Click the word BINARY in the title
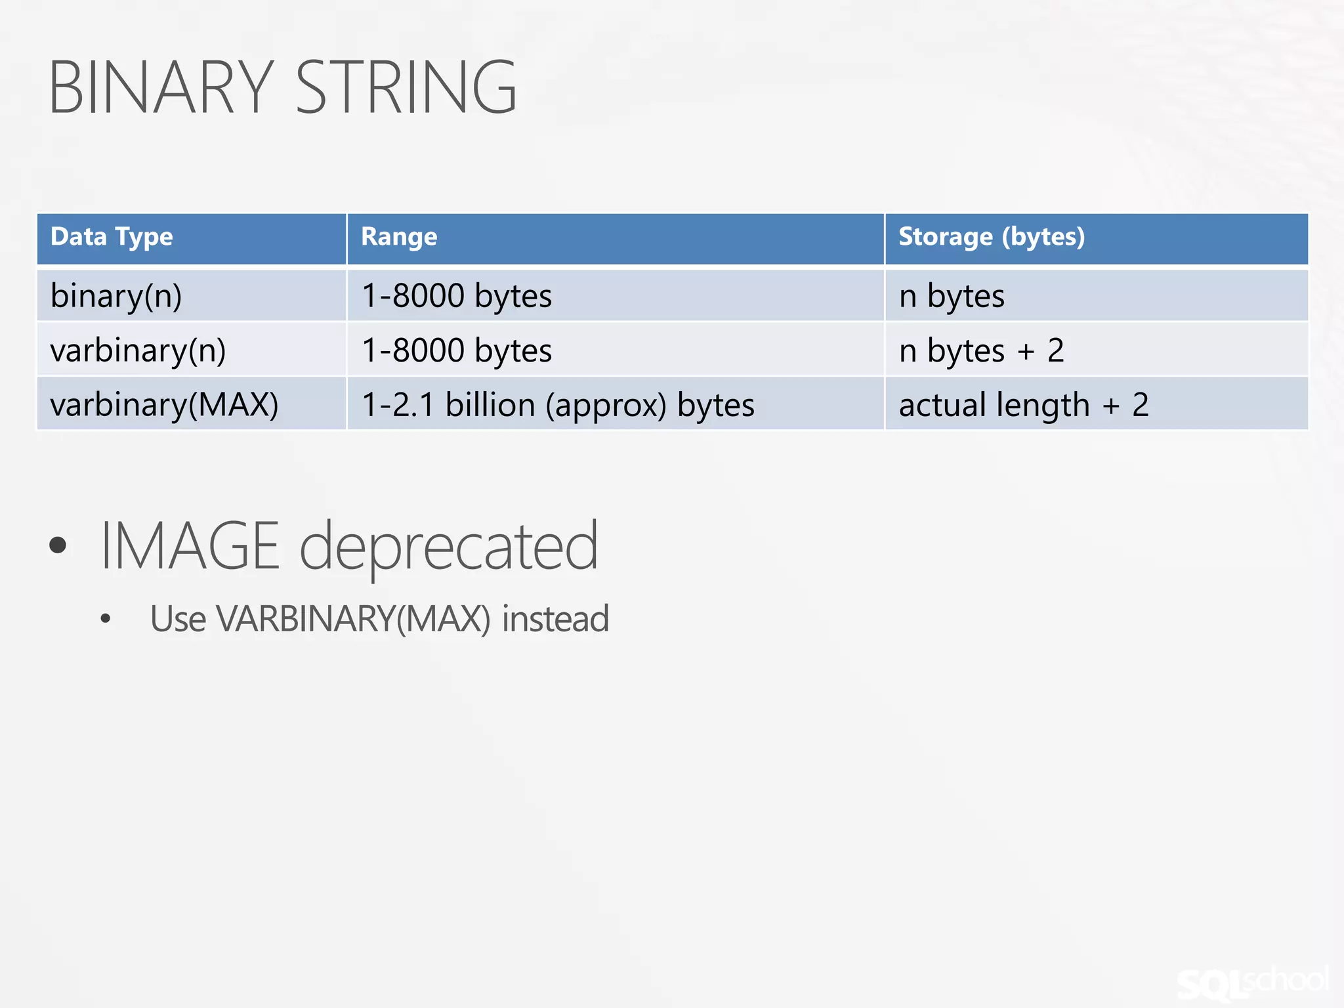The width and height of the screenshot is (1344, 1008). [161, 87]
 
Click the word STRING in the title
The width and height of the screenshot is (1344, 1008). [406, 87]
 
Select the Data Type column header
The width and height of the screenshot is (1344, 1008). [112, 237]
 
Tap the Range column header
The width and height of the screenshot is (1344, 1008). [399, 237]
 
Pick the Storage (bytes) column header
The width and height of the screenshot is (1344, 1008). [991, 237]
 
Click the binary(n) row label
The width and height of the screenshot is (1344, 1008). [116, 295]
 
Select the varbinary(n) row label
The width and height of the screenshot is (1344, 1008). [138, 350]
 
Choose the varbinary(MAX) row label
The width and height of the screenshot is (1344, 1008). [164, 404]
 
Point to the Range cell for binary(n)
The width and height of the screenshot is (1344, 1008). [457, 295]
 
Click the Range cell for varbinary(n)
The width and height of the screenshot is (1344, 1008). [457, 350]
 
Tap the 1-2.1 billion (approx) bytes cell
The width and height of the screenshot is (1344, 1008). [558, 404]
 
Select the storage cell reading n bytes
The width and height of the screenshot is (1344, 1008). [952, 295]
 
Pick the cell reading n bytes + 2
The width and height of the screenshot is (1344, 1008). [981, 350]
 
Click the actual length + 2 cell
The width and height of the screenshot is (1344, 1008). [1023, 404]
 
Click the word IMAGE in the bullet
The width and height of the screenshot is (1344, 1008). [190, 545]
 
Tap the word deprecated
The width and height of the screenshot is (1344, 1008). [449, 545]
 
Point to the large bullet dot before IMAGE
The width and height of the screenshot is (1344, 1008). [58, 545]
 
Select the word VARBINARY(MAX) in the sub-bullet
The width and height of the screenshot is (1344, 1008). [353, 619]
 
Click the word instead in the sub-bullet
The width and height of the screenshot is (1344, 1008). [555, 619]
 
